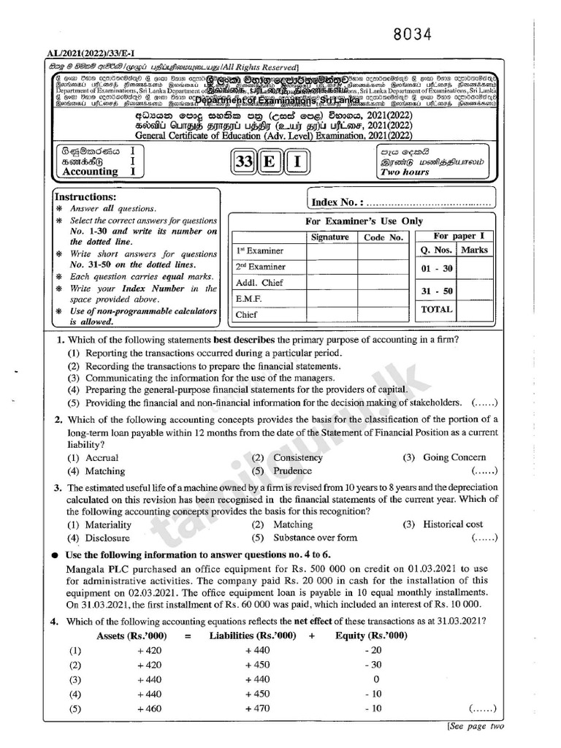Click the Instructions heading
point(85,197)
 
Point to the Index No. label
point(337,202)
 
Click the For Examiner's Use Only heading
point(364,221)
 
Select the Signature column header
point(330,237)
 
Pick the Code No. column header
point(383,237)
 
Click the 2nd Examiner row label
point(259,267)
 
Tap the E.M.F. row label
point(249,299)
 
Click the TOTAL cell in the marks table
point(437,309)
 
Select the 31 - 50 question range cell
point(437,291)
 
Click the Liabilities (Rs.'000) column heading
point(252,636)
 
